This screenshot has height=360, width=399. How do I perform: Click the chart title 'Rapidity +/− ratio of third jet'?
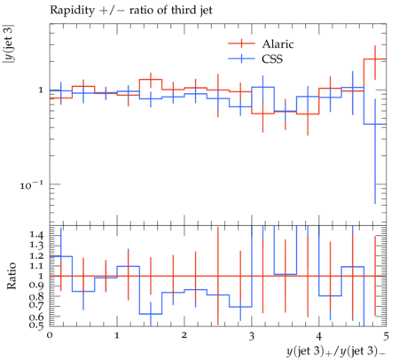[x=131, y=11]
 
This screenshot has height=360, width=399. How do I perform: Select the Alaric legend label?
[x=278, y=44]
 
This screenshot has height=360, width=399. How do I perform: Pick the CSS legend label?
[x=272, y=59]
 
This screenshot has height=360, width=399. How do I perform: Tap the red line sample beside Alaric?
[x=241, y=43]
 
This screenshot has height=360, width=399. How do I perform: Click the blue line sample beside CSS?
[x=241, y=59]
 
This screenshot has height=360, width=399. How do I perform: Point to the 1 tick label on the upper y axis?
[x=41, y=90]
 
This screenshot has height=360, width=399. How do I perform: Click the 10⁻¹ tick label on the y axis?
[x=31, y=185]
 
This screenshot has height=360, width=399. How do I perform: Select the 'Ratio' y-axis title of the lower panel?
[x=12, y=276]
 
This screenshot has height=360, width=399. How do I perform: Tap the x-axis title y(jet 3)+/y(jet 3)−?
[x=336, y=351]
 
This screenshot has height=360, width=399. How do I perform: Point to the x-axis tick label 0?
[x=50, y=335]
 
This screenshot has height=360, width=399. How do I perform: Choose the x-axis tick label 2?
[x=184, y=335]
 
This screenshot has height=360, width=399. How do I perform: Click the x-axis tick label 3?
[x=252, y=336]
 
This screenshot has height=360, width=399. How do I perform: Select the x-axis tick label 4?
[x=319, y=336]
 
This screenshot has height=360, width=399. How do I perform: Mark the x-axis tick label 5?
[x=386, y=336]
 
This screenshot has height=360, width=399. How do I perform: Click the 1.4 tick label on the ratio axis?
[x=36, y=235]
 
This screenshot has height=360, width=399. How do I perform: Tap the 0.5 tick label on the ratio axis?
[x=36, y=325]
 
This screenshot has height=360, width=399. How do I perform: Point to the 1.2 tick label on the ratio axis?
[x=36, y=256]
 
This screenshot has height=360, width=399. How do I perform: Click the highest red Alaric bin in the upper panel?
[x=375, y=59]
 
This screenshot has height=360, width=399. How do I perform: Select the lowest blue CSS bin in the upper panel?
[x=375, y=124]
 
